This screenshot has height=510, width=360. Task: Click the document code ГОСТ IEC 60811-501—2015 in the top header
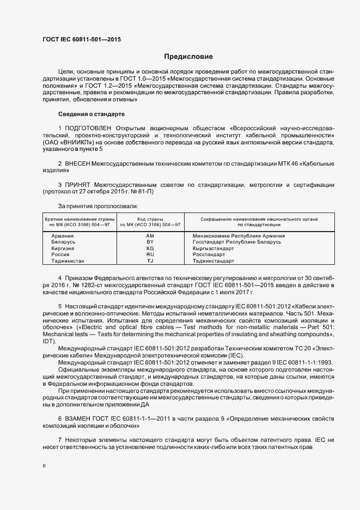[81, 40]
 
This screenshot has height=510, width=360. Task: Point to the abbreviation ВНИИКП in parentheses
[66, 143]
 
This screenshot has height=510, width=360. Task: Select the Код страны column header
[150, 218]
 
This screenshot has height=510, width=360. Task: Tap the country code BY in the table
[150, 241]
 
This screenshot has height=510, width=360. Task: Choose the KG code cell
[150, 248]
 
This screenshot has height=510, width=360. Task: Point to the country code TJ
[150, 261]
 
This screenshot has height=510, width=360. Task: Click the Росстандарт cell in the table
[209, 254]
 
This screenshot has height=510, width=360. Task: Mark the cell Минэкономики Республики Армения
[239, 235]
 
